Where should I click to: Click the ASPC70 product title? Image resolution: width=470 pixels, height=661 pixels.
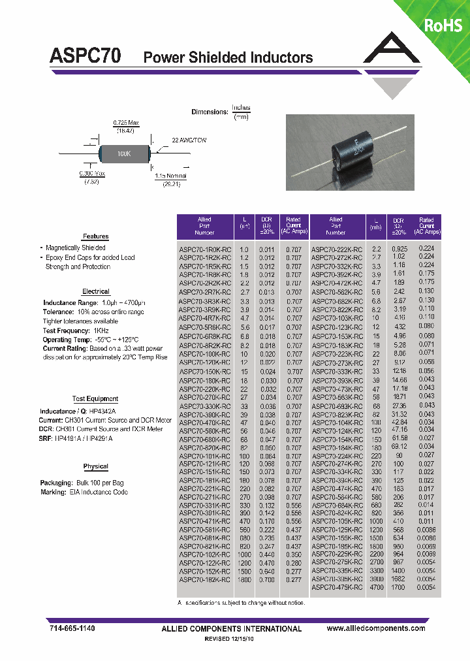(85, 57)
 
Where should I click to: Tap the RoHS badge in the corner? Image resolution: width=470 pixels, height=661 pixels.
(443, 25)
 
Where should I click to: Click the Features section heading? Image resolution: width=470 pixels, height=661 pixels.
(95, 236)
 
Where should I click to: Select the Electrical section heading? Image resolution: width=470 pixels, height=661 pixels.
(96, 291)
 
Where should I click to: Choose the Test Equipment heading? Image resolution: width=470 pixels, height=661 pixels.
(95, 398)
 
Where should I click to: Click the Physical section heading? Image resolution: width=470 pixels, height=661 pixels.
(96, 466)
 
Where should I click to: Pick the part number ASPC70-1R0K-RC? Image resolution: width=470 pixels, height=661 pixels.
(205, 250)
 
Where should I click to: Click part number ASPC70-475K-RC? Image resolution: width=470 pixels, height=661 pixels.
(337, 588)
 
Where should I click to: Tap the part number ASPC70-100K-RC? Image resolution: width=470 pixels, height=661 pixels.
(205, 353)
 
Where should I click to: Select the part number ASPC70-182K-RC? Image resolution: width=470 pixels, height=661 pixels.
(205, 579)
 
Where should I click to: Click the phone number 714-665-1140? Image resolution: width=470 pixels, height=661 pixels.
(72, 628)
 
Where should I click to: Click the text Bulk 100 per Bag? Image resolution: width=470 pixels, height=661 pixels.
(95, 482)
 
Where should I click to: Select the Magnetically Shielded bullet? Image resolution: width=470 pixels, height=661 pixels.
(76, 248)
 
